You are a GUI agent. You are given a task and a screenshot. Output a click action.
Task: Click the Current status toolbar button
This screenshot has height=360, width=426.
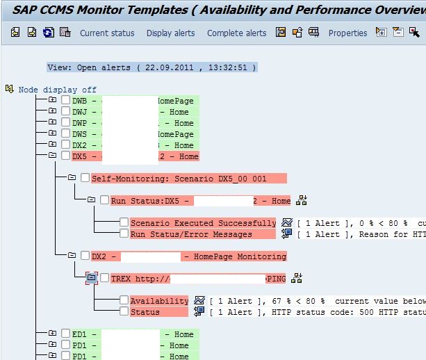coord(106,33)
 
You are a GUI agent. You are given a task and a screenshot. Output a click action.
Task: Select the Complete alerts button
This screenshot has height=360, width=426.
coord(236,33)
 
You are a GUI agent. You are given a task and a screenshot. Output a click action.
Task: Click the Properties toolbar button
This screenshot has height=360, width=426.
coord(347,33)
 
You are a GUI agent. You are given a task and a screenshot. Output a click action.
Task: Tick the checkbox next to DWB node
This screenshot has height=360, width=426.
coord(65,101)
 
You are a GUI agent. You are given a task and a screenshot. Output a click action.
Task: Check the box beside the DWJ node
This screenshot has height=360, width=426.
coord(65,112)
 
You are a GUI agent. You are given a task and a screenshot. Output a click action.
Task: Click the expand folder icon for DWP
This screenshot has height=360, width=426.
coord(52,123)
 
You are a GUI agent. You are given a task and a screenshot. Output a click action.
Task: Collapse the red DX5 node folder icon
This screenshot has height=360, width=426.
coord(52,156)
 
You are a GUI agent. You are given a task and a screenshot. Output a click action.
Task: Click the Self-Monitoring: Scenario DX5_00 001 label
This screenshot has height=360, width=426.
coord(179,179)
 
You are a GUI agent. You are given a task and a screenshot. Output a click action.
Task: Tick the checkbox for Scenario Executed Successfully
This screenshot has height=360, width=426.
coord(124,223)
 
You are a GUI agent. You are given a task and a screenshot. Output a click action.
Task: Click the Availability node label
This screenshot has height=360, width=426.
coord(159,301)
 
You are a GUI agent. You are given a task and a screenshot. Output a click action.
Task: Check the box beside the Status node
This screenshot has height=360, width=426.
coord(124,312)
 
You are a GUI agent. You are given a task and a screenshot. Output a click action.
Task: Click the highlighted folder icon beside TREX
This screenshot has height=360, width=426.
coord(91,279)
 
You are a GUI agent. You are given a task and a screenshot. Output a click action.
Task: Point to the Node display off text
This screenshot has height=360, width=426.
coord(57,90)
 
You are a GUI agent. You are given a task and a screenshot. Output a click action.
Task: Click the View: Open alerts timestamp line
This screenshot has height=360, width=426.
coord(151,67)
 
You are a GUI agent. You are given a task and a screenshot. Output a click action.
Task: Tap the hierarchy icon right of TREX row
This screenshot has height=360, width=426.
coord(297,279)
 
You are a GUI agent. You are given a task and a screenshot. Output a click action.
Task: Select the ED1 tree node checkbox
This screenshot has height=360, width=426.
coord(65,334)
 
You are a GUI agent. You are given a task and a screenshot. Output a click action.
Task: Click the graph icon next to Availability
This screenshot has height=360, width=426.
coord(199,301)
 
